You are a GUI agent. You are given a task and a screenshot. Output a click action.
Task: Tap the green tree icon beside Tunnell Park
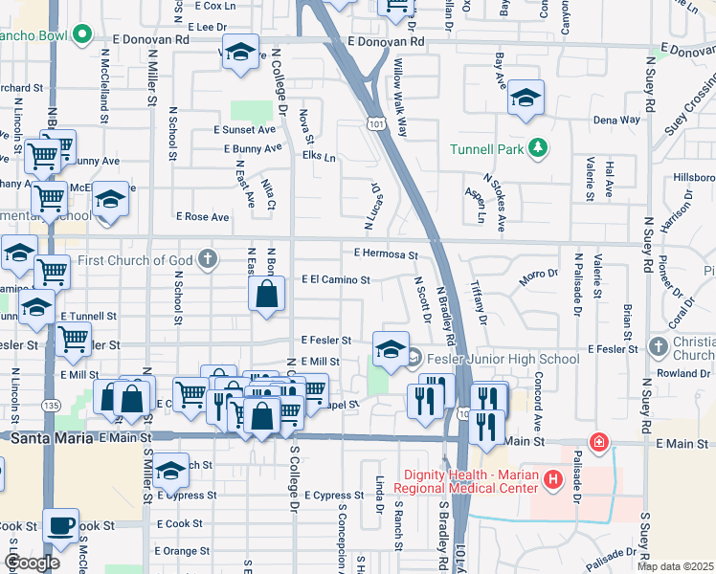click(539, 146)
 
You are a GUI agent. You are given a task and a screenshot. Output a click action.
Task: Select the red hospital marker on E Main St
click(599, 442)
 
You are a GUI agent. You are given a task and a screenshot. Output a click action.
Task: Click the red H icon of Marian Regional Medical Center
click(551, 478)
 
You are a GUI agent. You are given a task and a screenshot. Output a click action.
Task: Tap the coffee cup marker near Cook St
click(61, 525)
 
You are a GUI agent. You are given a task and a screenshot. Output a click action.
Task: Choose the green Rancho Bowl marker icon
click(82, 37)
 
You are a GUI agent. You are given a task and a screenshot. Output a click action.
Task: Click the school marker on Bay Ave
click(526, 99)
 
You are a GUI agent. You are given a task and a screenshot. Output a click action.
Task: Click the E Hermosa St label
click(386, 254)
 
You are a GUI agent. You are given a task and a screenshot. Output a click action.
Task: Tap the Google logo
click(33, 563)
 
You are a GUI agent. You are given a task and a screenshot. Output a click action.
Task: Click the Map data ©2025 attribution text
click(675, 566)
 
